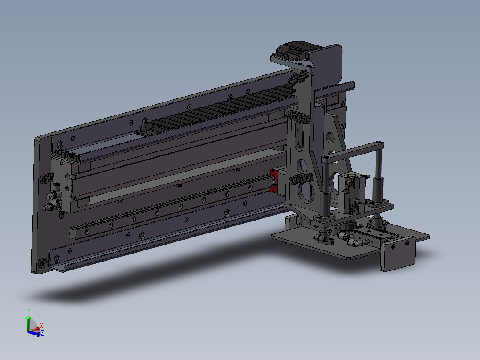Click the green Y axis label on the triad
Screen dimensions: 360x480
pos(28,310)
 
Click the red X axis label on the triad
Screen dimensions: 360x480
pos(41,326)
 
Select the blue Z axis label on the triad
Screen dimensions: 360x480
pos(42,333)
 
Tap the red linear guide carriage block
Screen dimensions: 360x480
pos(274,181)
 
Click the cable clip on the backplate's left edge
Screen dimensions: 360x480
pos(44,179)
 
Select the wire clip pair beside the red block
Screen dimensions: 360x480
pos(301,179)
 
